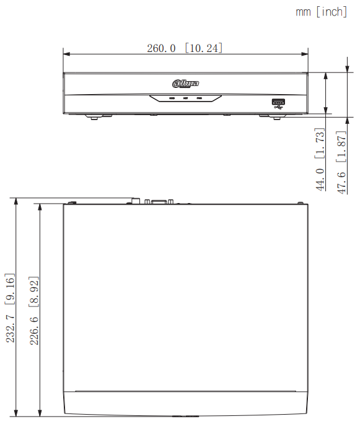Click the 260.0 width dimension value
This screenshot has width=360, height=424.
(161, 48)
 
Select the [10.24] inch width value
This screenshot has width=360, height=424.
(203, 48)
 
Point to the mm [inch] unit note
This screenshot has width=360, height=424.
(322, 12)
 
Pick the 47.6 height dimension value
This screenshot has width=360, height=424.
(341, 181)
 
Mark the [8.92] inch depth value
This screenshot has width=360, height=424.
(35, 288)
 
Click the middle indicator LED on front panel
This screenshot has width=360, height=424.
(185, 98)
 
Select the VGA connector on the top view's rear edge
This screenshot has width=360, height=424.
(159, 201)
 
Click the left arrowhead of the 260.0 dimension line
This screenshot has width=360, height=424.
(66, 53)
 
